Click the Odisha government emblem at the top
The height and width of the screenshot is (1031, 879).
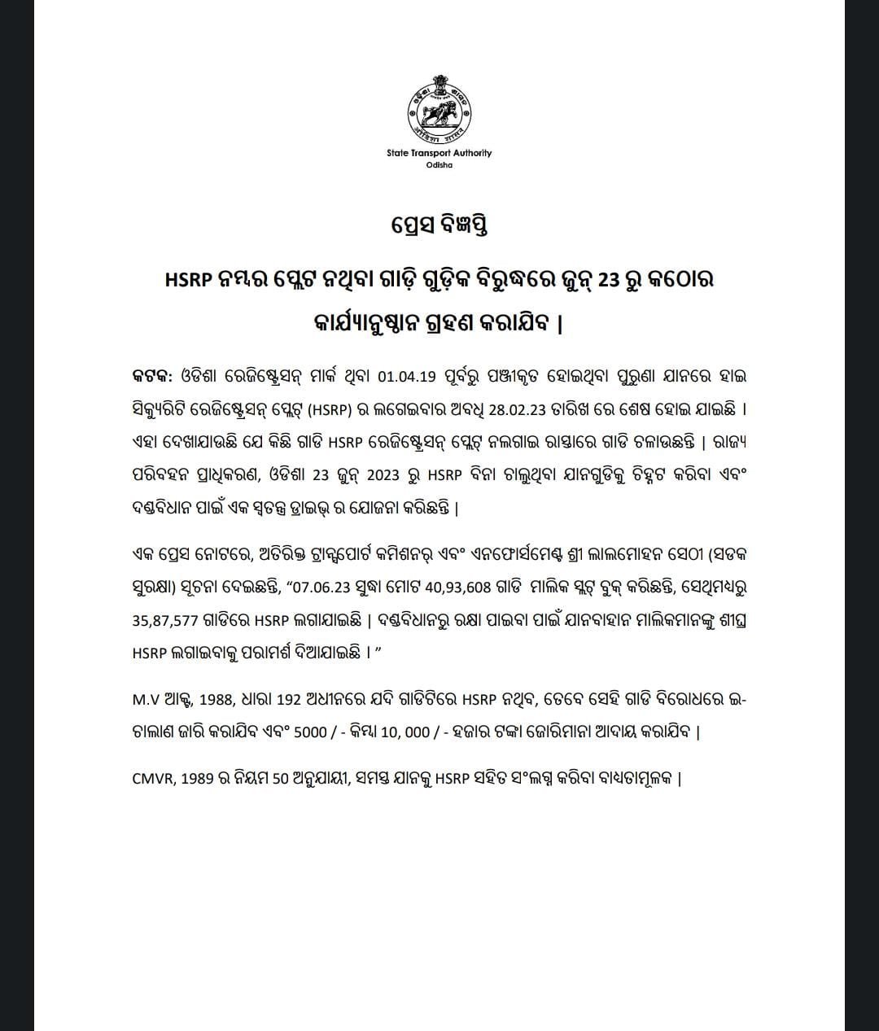[439, 108]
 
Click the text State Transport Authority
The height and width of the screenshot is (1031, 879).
[439, 153]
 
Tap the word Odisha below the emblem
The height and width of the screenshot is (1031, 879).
[439, 165]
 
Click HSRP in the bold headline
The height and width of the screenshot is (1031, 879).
[188, 279]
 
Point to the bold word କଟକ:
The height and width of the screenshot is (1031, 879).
[152, 377]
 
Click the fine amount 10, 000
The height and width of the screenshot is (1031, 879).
[404, 732]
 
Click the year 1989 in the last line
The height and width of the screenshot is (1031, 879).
[197, 778]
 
